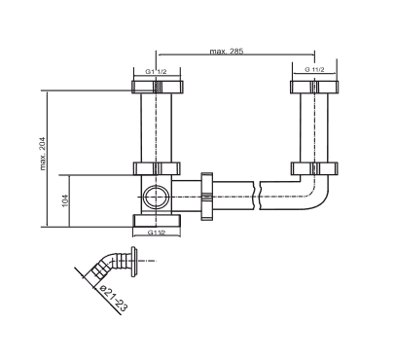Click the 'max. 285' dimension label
(x=227, y=51)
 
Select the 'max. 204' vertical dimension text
(x=43, y=154)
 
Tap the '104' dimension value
(x=65, y=201)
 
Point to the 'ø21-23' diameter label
(x=114, y=298)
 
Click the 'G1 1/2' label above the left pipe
(x=156, y=72)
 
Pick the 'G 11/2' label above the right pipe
(x=314, y=69)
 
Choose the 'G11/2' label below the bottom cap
(x=157, y=233)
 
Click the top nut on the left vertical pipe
(x=158, y=87)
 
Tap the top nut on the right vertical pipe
(x=314, y=87)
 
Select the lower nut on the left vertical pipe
(x=157, y=168)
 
